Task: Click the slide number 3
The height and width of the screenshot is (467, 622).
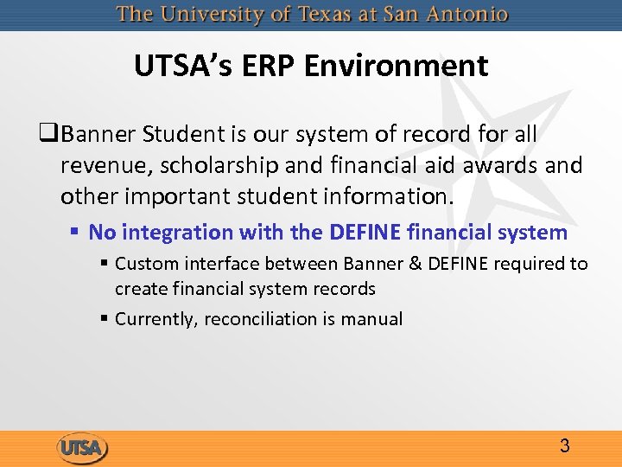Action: tap(564, 446)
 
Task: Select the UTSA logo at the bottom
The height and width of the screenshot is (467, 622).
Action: tap(83, 448)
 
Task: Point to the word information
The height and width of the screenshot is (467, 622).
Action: tap(384, 195)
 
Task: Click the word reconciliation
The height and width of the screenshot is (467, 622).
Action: tap(263, 319)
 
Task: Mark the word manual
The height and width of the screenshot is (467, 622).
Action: tap(371, 319)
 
